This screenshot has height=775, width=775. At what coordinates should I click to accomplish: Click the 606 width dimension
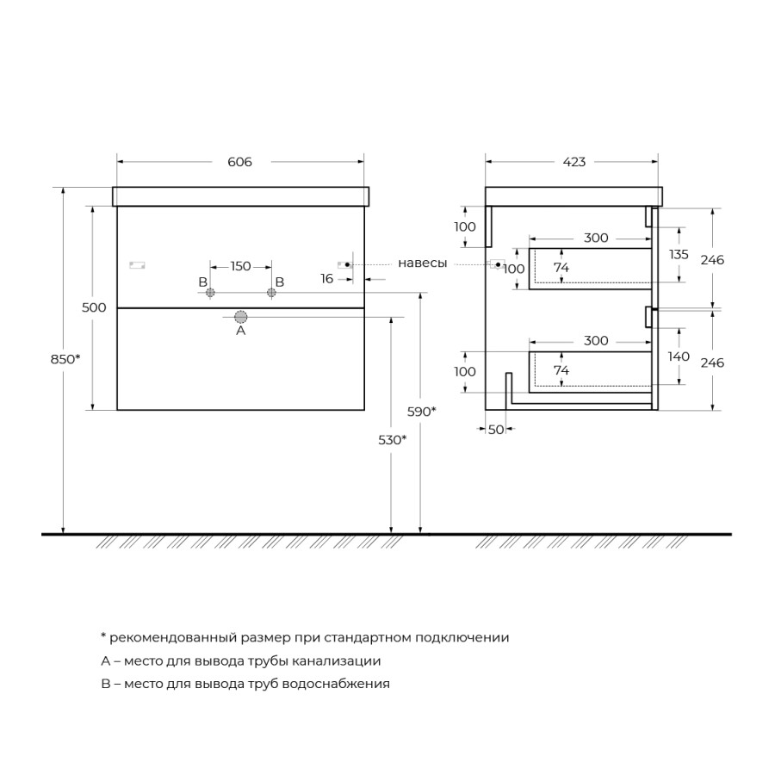pyautogui.click(x=240, y=162)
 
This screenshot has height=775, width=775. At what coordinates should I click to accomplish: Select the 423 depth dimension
pyautogui.click(x=573, y=162)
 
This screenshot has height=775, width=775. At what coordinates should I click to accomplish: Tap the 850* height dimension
pyautogui.click(x=65, y=358)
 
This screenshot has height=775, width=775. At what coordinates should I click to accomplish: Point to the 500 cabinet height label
pyautogui.click(x=95, y=307)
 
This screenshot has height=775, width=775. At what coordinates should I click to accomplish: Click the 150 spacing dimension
pyautogui.click(x=240, y=266)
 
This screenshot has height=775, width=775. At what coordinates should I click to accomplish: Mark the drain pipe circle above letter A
pyautogui.click(x=241, y=317)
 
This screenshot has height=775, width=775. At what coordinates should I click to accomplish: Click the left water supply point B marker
pyautogui.click(x=209, y=294)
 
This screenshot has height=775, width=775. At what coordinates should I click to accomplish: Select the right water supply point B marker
pyautogui.click(x=271, y=294)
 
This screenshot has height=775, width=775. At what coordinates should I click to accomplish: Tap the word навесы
pyautogui.click(x=422, y=263)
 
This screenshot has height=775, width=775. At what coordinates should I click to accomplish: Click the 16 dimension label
pyautogui.click(x=326, y=278)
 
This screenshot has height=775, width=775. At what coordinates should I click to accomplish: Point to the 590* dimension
pyautogui.click(x=422, y=411)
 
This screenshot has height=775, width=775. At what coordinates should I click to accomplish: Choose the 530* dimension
pyautogui.click(x=393, y=439)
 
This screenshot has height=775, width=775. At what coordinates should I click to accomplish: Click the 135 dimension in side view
pyautogui.click(x=679, y=254)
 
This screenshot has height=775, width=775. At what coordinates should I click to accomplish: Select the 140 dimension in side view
pyautogui.click(x=679, y=356)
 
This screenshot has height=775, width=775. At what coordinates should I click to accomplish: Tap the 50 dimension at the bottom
pyautogui.click(x=496, y=430)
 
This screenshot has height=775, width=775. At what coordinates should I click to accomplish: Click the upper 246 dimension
pyautogui.click(x=712, y=259)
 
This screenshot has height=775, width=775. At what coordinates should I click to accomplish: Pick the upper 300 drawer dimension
pyautogui.click(x=595, y=238)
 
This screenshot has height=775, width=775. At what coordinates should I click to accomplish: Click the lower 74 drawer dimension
pyautogui.click(x=561, y=369)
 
